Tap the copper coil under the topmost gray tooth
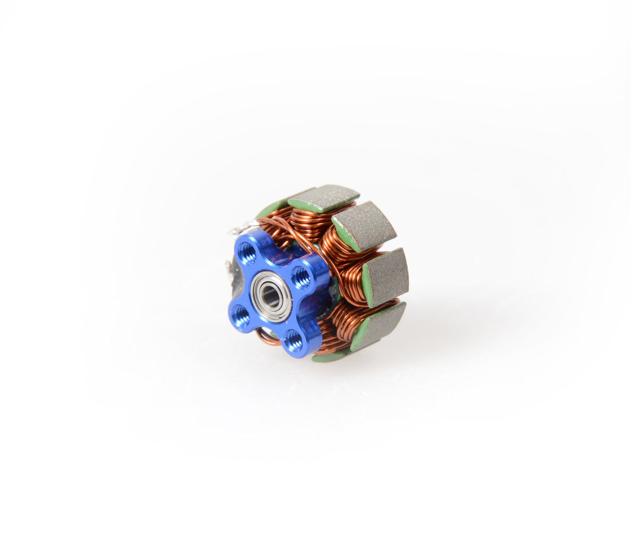(306, 219)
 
